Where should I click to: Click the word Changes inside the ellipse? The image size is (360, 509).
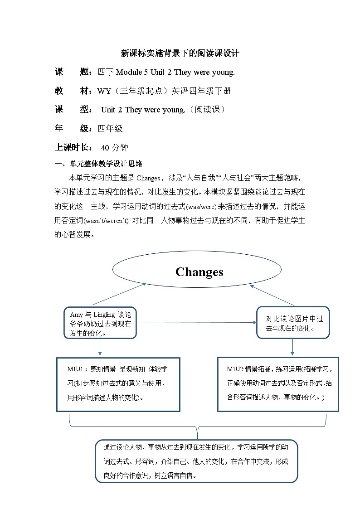click(199, 272)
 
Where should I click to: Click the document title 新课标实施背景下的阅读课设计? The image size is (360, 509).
click(180, 53)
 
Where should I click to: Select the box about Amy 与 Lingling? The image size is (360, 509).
click(100, 324)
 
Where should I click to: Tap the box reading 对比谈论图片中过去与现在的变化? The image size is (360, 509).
click(293, 323)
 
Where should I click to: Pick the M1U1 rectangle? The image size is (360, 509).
click(118, 384)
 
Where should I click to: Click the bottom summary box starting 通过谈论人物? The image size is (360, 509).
click(196, 461)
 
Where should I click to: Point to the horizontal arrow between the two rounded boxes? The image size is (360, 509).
click(196, 323)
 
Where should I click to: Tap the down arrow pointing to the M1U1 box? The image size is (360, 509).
click(100, 348)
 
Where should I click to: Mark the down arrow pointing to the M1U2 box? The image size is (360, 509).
click(292, 347)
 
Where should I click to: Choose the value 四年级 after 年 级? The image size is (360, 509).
click(110, 129)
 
